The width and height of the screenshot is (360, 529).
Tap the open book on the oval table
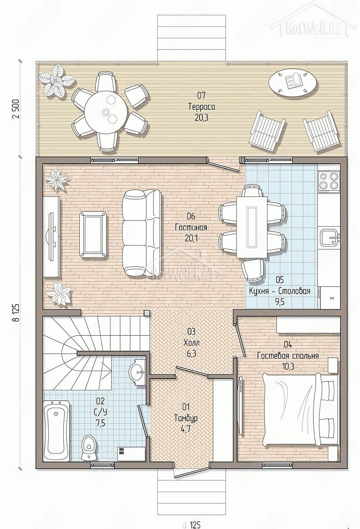[293, 81]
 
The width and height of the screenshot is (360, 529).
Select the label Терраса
[201, 107]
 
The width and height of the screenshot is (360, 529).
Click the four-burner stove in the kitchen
[329, 181]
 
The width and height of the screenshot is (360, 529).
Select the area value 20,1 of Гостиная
[191, 238]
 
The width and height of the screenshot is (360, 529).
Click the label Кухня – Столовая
[279, 291]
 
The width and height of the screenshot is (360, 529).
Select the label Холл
[191, 343]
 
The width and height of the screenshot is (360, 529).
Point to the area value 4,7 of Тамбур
[191, 429]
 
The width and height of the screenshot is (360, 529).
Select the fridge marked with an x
[330, 297]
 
